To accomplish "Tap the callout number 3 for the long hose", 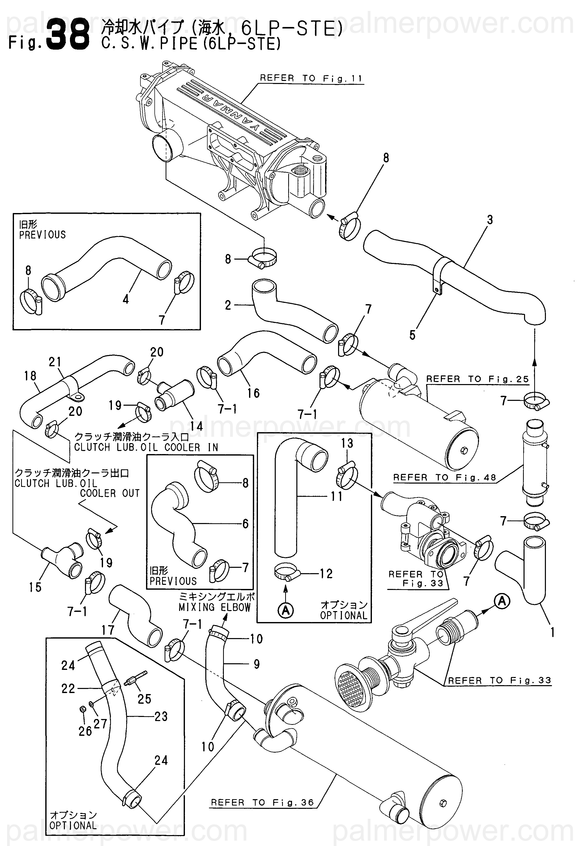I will point(490,220).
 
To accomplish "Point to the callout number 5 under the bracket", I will point(412,335).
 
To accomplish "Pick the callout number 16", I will point(253,393).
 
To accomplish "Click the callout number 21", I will point(55,362).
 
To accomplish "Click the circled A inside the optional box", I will point(286,611).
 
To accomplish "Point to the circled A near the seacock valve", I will point(502,601).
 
